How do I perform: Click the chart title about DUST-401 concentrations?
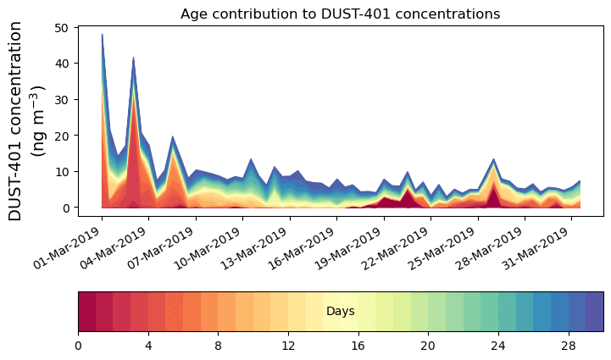pyautogui.click(x=340, y=14)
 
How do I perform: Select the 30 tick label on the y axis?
pyautogui.click(x=62, y=100)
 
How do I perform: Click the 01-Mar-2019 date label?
pyautogui.click(x=75, y=246)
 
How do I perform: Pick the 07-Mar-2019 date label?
pyautogui.click(x=169, y=246)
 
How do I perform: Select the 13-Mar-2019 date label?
pyautogui.click(x=263, y=246)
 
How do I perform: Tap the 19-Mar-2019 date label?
pyautogui.click(x=357, y=246)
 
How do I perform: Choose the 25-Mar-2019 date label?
pyautogui.click(x=451, y=246)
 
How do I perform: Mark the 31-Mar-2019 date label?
pyautogui.click(x=545, y=246)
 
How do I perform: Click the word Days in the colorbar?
pyautogui.click(x=340, y=312)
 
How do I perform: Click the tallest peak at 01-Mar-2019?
pyautogui.click(x=102, y=36)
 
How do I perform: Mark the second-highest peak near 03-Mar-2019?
pyautogui.click(x=133, y=58)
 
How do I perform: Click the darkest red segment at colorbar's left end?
pyautogui.click(x=86, y=312)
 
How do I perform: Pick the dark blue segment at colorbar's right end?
pyautogui.click(x=594, y=312)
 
